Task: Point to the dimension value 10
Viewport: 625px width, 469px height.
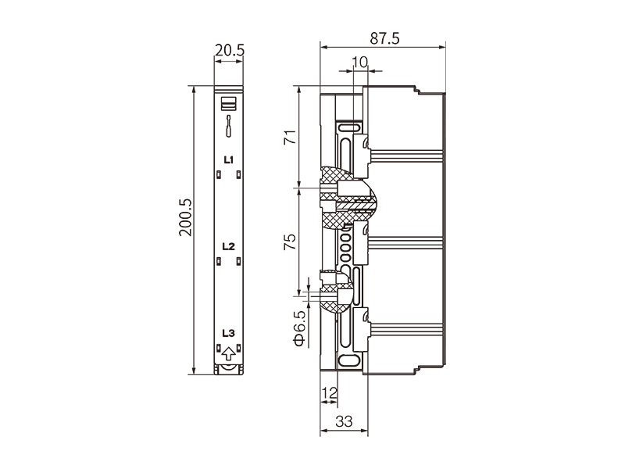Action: point(359,62)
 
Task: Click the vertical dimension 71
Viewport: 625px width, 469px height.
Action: point(290,138)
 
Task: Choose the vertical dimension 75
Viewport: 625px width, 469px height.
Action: point(290,241)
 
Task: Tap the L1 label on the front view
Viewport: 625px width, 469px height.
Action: point(229,160)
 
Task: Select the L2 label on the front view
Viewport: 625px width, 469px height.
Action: point(229,246)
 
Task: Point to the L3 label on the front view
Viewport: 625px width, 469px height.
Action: point(229,333)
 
